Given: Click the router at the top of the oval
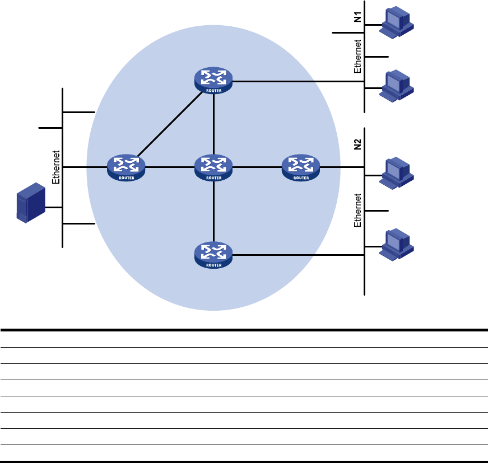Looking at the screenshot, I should click(x=213, y=81).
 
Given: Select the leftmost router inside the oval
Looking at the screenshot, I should click(x=126, y=167).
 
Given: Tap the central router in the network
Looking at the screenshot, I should click(x=213, y=167).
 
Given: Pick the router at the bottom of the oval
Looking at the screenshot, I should click(x=213, y=255).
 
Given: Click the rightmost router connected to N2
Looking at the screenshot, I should click(x=301, y=167).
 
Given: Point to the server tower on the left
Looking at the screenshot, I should click(x=30, y=203).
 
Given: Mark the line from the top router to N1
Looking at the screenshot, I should click(x=297, y=81).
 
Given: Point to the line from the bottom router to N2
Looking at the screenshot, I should click(x=297, y=255).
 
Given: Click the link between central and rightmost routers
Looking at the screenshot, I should click(x=257, y=167).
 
